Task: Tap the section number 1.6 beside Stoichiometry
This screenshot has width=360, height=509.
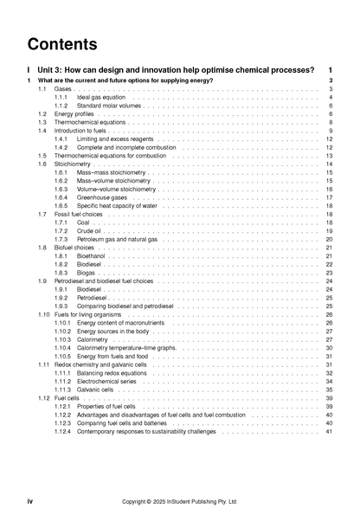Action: point(42,164)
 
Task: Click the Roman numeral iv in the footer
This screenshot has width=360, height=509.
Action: point(30,500)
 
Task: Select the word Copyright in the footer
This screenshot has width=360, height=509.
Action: point(138,500)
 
